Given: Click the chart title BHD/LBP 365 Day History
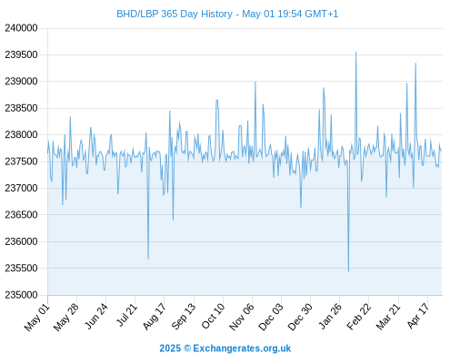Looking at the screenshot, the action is pyautogui.click(x=175, y=14).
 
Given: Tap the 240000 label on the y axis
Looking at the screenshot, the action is pyautogui.click(x=21, y=28).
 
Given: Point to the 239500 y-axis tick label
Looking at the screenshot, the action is pyautogui.click(x=21, y=54).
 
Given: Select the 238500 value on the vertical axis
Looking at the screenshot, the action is pyautogui.click(x=21, y=108).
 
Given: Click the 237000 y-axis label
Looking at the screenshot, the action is pyautogui.click(x=21, y=188).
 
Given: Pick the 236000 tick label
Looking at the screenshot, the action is pyautogui.click(x=21, y=241).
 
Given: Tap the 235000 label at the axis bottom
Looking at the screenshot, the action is pyautogui.click(x=21, y=295).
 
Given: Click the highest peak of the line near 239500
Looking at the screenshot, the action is pyautogui.click(x=356, y=52).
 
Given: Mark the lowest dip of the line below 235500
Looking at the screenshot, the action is pyautogui.click(x=348, y=271).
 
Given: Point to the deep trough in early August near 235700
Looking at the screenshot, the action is pyautogui.click(x=148, y=259).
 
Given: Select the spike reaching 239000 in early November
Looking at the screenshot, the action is pyautogui.click(x=255, y=82).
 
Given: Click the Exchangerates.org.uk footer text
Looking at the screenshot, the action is pyautogui.click(x=242, y=348).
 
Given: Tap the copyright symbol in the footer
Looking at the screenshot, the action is pyautogui.click(x=187, y=348).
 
